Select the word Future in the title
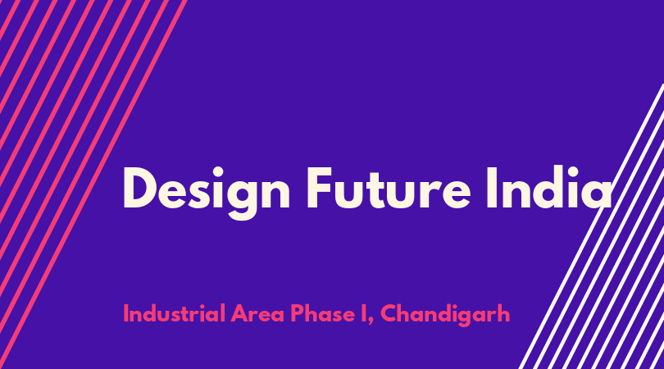(x=389, y=188)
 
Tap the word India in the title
(x=549, y=188)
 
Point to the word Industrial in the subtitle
(x=174, y=313)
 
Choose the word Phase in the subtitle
(x=322, y=313)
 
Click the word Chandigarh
(x=445, y=314)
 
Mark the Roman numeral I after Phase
(x=364, y=313)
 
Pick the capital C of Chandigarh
(x=389, y=313)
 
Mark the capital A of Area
(x=240, y=313)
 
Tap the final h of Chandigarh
(x=503, y=312)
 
